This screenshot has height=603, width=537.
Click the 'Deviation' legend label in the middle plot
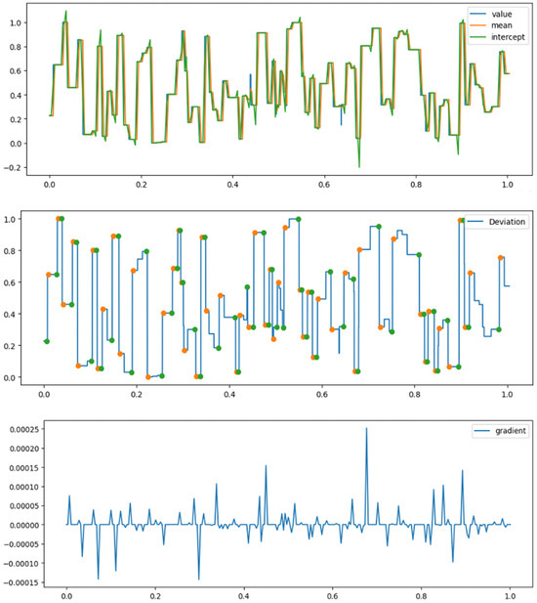501,222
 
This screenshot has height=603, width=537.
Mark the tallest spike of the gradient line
367,428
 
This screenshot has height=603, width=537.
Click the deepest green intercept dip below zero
359,166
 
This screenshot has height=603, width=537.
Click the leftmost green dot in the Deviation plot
46,341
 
